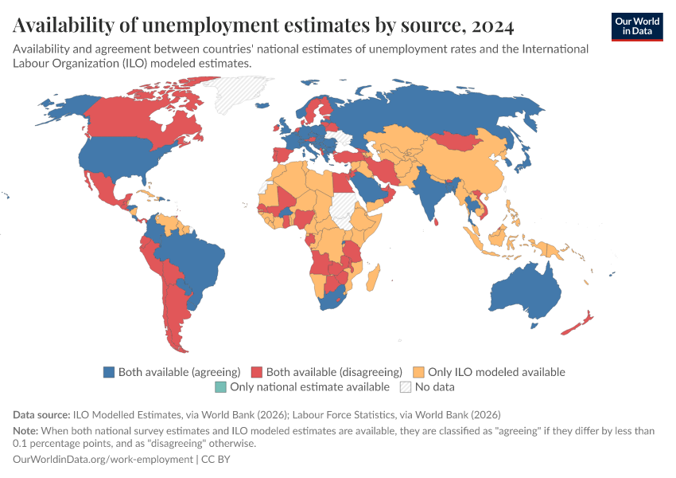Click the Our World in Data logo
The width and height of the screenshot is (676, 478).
click(x=637, y=27)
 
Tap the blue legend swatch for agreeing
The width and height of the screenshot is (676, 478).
click(x=109, y=372)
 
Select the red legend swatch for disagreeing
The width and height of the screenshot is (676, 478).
click(x=257, y=372)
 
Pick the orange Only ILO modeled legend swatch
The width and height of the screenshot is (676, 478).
click(x=418, y=372)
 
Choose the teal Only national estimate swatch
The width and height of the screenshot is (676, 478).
click(x=220, y=387)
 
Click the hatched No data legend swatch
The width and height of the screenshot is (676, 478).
click(x=406, y=387)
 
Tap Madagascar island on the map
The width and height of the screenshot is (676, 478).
click(x=373, y=278)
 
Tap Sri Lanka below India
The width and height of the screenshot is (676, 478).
click(x=437, y=222)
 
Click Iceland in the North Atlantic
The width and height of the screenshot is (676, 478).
click(x=262, y=105)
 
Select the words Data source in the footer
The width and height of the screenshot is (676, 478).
click(x=41, y=415)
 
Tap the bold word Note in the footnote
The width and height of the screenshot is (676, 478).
click(x=25, y=431)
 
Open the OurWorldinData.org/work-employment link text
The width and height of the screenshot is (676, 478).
click(x=103, y=460)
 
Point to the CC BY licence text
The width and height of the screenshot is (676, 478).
click(x=216, y=460)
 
